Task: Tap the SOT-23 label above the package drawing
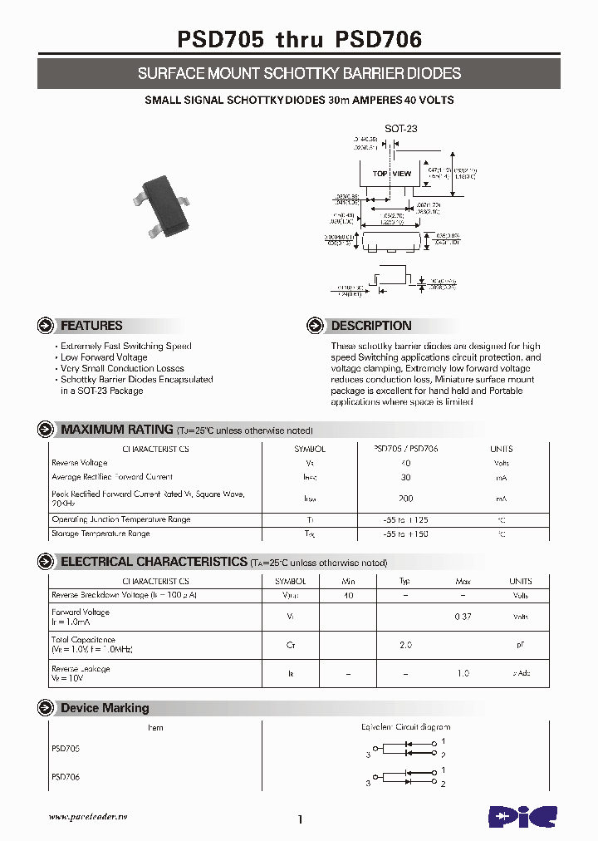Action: click(400, 128)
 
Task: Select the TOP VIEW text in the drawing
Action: click(391, 174)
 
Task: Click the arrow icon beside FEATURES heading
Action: click(46, 326)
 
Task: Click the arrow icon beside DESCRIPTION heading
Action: click(315, 326)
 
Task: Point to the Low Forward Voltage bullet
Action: click(105, 357)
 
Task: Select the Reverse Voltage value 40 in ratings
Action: click(406, 463)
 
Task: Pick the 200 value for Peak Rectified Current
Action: click(406, 499)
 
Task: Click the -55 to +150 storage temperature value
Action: click(406, 534)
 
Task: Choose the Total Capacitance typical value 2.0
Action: click(405, 645)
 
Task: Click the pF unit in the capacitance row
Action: click(521, 645)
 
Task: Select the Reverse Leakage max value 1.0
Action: click(463, 673)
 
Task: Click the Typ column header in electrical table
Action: click(405, 582)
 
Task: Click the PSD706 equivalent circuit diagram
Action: click(406, 779)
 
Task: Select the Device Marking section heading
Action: click(105, 708)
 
